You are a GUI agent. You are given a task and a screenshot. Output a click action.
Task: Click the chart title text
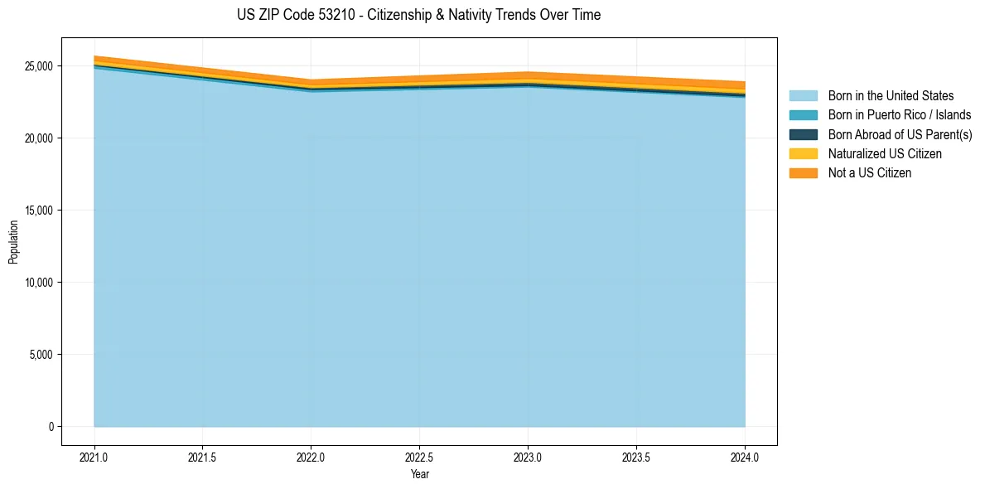[x=418, y=15]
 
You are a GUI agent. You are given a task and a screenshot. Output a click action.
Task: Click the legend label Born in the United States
[x=891, y=96]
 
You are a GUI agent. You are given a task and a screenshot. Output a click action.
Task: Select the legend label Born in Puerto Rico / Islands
[x=899, y=115]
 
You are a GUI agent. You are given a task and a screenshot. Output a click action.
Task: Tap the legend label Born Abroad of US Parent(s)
[x=900, y=134]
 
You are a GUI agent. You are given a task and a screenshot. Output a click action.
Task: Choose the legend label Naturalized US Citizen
[x=885, y=154]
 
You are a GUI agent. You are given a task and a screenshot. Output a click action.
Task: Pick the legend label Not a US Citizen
[x=870, y=173]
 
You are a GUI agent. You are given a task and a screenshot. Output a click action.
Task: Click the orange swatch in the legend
[x=803, y=173]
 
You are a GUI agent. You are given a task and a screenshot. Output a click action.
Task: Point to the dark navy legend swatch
[x=803, y=134]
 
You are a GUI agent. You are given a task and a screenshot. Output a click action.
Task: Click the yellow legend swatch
[x=803, y=154]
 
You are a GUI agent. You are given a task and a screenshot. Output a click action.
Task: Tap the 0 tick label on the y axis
[x=51, y=427]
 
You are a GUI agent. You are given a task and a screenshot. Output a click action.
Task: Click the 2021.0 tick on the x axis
[x=94, y=457]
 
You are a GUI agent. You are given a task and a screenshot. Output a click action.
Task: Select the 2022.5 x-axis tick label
[x=419, y=457]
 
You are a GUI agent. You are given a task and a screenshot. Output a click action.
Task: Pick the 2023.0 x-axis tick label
[x=528, y=457]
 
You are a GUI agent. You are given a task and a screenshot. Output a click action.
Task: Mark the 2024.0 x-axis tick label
[x=745, y=457]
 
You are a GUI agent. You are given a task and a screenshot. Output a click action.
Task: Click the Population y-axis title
[x=13, y=241]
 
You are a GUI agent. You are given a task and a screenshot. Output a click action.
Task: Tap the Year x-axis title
[x=419, y=474]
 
